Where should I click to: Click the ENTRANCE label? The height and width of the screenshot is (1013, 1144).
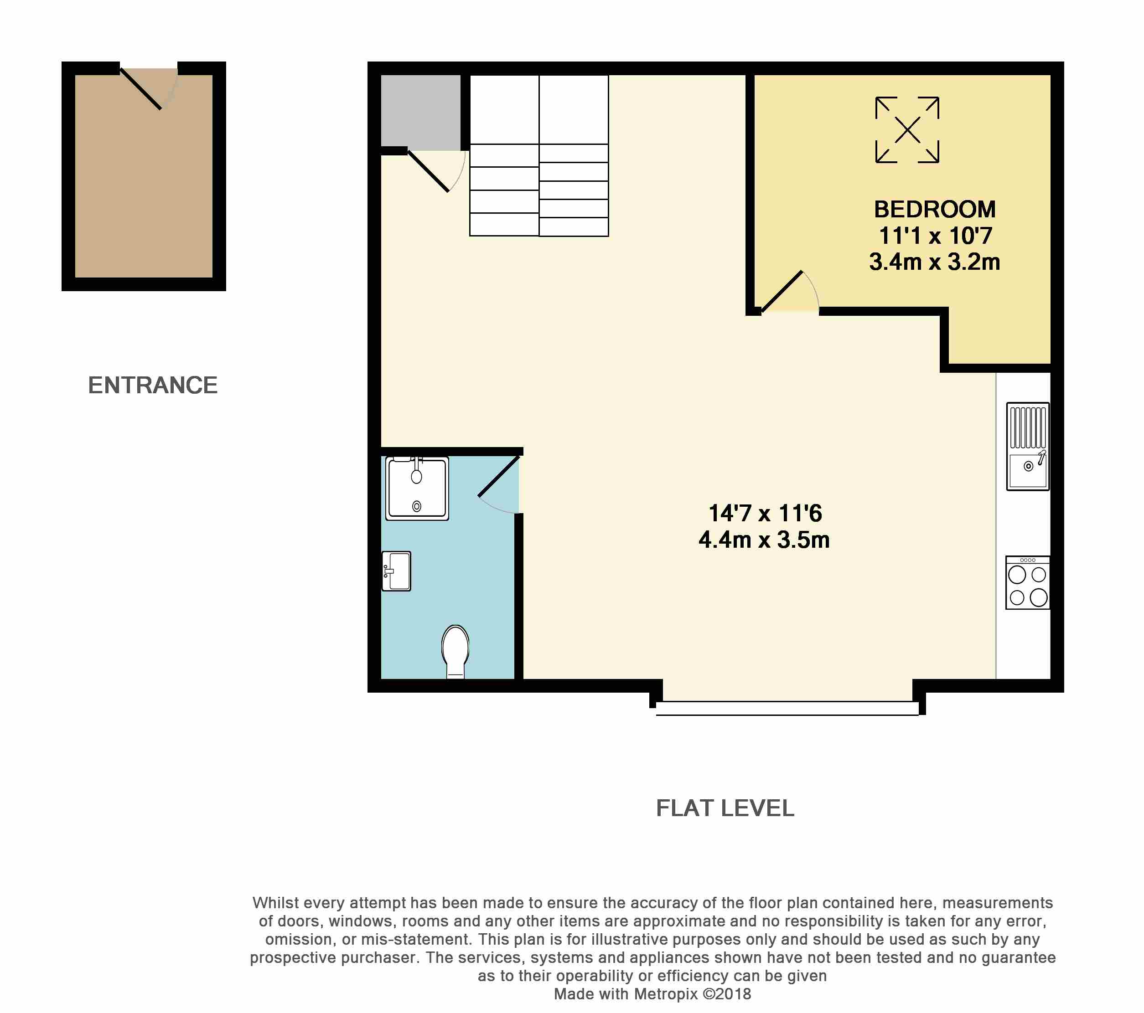[152, 386]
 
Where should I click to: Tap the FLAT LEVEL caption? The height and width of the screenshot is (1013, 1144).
[725, 808]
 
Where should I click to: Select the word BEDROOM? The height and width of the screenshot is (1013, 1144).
[935, 210]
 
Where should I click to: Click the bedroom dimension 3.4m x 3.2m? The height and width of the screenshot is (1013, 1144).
[935, 262]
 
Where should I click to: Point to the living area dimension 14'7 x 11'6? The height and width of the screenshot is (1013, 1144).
[765, 513]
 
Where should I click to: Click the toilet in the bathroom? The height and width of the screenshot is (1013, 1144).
[456, 651]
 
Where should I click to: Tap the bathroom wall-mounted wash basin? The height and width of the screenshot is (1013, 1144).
[396, 571]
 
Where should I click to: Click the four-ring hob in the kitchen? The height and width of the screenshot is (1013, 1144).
[1028, 583]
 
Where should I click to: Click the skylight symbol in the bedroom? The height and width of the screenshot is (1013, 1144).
[907, 130]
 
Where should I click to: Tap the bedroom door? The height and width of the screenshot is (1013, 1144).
[782, 291]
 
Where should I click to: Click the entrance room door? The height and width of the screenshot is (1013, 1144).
[141, 88]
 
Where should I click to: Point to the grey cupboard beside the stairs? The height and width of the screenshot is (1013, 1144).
[420, 110]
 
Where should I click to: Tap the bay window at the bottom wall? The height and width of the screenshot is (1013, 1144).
[787, 708]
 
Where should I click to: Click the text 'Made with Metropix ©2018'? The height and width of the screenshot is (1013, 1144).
[652, 993]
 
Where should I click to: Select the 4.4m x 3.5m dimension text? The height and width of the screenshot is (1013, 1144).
[764, 540]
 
